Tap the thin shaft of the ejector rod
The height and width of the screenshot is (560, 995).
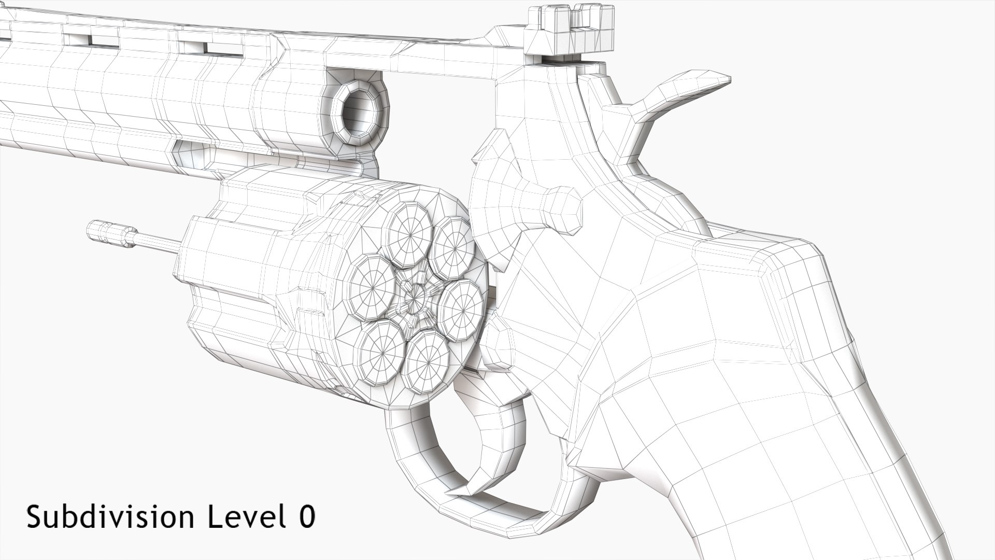pos(155,242)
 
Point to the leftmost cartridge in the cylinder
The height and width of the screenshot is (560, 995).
pos(373,288)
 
